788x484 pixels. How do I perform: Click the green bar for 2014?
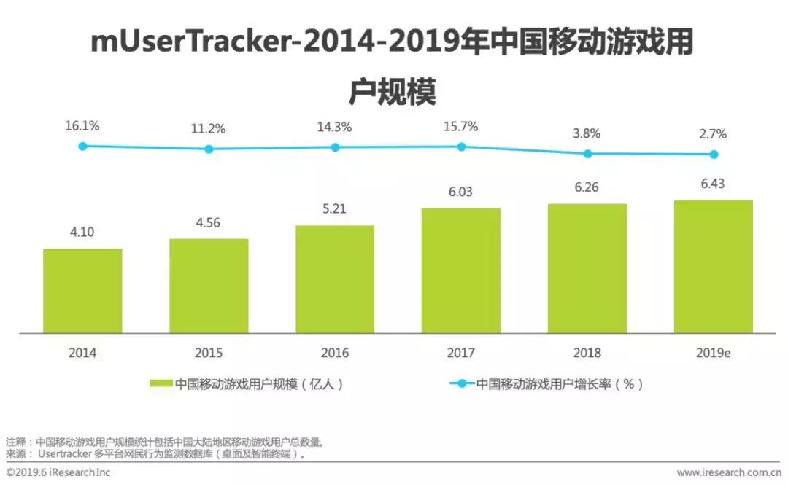[x=82, y=291]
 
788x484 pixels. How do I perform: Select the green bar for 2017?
[x=461, y=270]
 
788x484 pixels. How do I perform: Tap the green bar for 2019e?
[x=713, y=267]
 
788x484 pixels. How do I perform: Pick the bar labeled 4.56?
[x=209, y=286]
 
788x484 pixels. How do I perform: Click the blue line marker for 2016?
[x=335, y=147]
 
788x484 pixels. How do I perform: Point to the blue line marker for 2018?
[x=587, y=154]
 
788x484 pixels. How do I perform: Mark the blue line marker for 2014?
[x=82, y=147]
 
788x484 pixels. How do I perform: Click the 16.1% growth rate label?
[x=82, y=126]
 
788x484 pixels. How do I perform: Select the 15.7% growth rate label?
[x=461, y=127]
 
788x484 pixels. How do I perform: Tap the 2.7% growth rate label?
[x=713, y=134]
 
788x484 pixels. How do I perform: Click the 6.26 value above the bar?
[x=587, y=187]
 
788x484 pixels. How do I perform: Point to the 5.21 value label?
[x=335, y=209]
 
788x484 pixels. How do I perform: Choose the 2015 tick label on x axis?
[x=209, y=353]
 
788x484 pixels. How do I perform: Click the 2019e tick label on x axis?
[x=713, y=353]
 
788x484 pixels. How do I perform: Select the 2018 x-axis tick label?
[x=587, y=353]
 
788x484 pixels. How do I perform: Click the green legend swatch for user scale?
[x=161, y=384]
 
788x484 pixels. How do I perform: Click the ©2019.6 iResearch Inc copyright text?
[x=58, y=472]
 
